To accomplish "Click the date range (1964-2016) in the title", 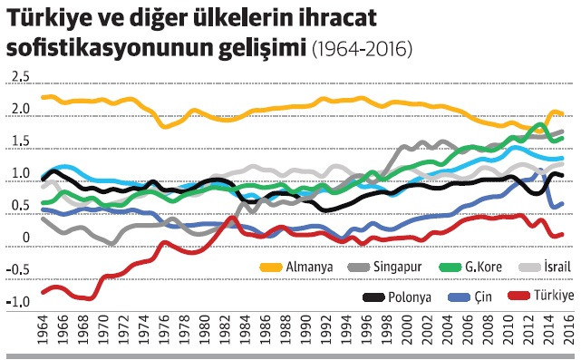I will point(361,49).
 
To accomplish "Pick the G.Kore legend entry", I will point(483,268).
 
